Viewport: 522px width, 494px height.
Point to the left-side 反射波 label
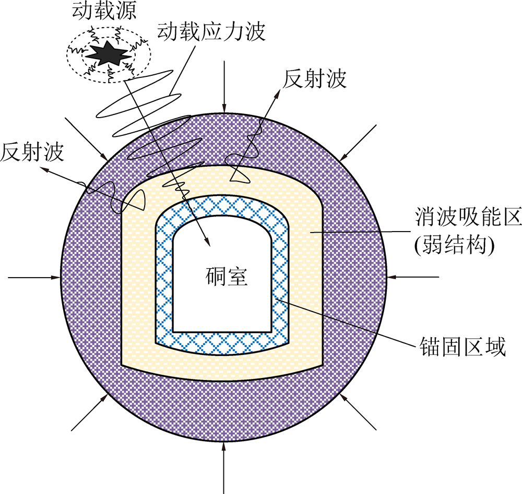(32, 152)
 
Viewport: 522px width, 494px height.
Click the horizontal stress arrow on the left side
(34, 277)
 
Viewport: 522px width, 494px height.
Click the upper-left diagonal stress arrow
(87, 139)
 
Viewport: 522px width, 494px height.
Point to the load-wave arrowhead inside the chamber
(208, 243)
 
